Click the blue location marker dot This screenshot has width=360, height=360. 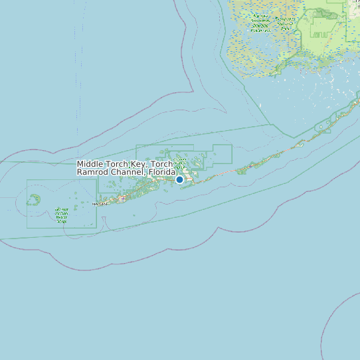click(x=179, y=179)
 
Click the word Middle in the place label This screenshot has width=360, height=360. click(x=90, y=164)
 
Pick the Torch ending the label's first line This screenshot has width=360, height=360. click(x=161, y=164)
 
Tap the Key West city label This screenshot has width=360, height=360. click(x=100, y=204)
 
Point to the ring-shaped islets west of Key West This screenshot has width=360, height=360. click(x=34, y=199)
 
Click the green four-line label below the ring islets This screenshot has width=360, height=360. click(x=62, y=215)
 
